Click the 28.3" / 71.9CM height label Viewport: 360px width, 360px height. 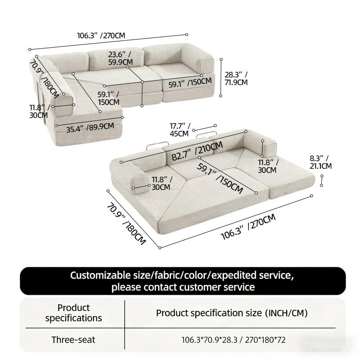(x=236, y=78)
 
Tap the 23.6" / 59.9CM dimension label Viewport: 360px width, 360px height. (x=120, y=58)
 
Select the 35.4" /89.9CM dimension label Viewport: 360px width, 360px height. (x=90, y=128)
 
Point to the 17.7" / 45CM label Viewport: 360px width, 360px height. (x=180, y=130)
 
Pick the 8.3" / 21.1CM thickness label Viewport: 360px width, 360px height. (x=320, y=162)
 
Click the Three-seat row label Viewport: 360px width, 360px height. (x=73, y=340)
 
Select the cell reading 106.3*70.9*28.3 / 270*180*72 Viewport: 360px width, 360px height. (x=234, y=340)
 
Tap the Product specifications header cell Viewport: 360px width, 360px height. (x=73, y=313)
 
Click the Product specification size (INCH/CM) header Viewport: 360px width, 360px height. (x=232, y=313)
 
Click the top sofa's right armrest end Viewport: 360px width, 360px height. (x=206, y=65)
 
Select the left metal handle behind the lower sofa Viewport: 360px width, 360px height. (x=157, y=145)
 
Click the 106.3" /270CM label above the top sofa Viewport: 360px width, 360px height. (x=101, y=36)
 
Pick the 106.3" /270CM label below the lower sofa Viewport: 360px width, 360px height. (x=248, y=227)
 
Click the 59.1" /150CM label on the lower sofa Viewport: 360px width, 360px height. (x=220, y=178)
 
